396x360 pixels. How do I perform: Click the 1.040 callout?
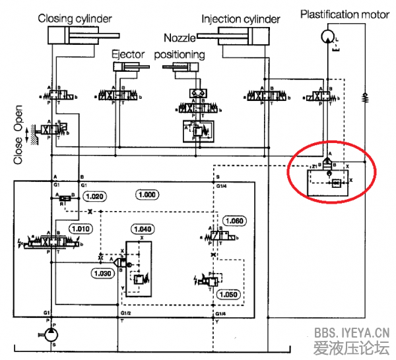coord(143,229)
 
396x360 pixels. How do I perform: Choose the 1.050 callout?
coord(230,295)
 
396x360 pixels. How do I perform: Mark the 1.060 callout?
coord(236,220)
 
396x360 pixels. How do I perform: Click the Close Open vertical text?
coord(18,135)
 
